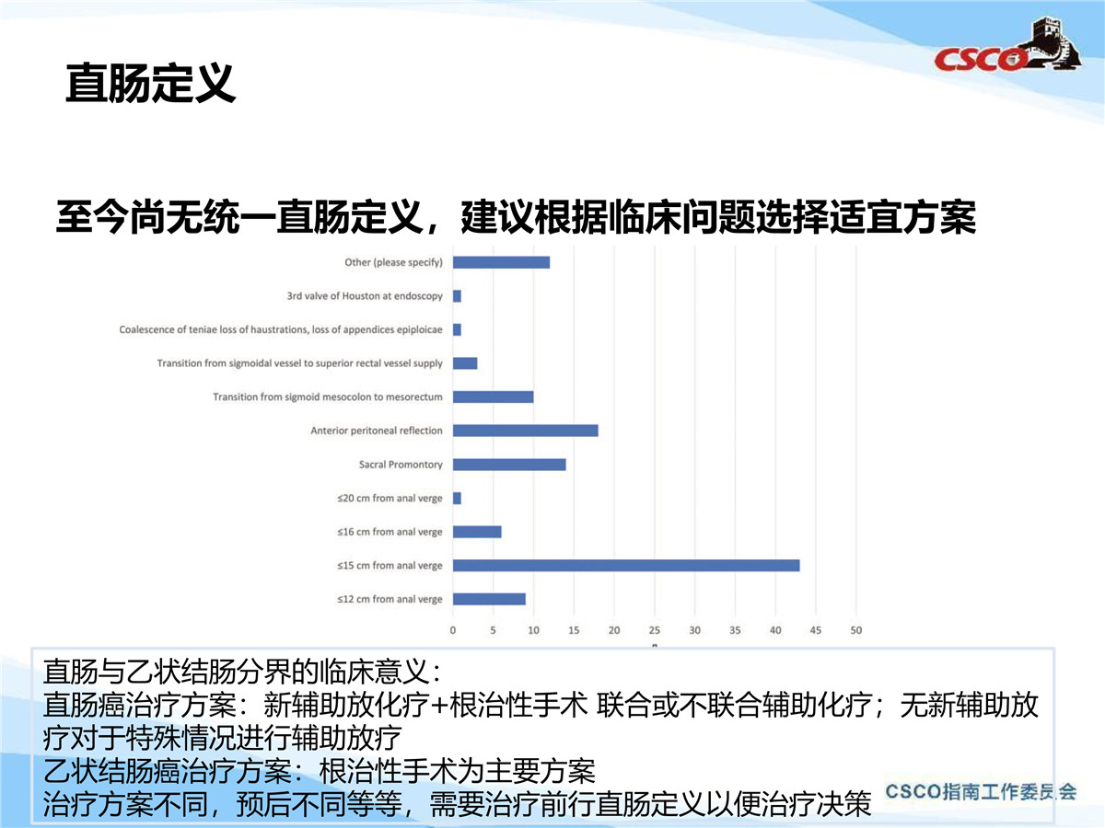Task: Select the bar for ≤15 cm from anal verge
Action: point(626,566)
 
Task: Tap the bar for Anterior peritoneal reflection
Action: point(526,431)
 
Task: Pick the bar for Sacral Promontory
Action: point(509,465)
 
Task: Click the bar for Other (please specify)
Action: point(502,262)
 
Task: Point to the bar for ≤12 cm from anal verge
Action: point(489,599)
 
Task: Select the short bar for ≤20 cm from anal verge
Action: point(457,499)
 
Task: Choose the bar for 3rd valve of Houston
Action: point(457,296)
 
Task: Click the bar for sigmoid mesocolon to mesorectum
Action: point(494,397)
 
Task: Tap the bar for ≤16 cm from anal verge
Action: point(477,532)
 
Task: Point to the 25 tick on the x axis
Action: point(655,630)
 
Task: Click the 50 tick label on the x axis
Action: point(856,630)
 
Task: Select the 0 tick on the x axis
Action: point(453,630)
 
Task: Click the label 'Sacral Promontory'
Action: point(401,465)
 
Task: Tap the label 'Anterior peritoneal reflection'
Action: point(377,431)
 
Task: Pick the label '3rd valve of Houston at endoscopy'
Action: point(365,296)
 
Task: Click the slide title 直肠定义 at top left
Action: point(150,84)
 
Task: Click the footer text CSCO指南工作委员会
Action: point(981,792)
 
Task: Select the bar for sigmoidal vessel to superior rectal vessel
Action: point(465,363)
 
